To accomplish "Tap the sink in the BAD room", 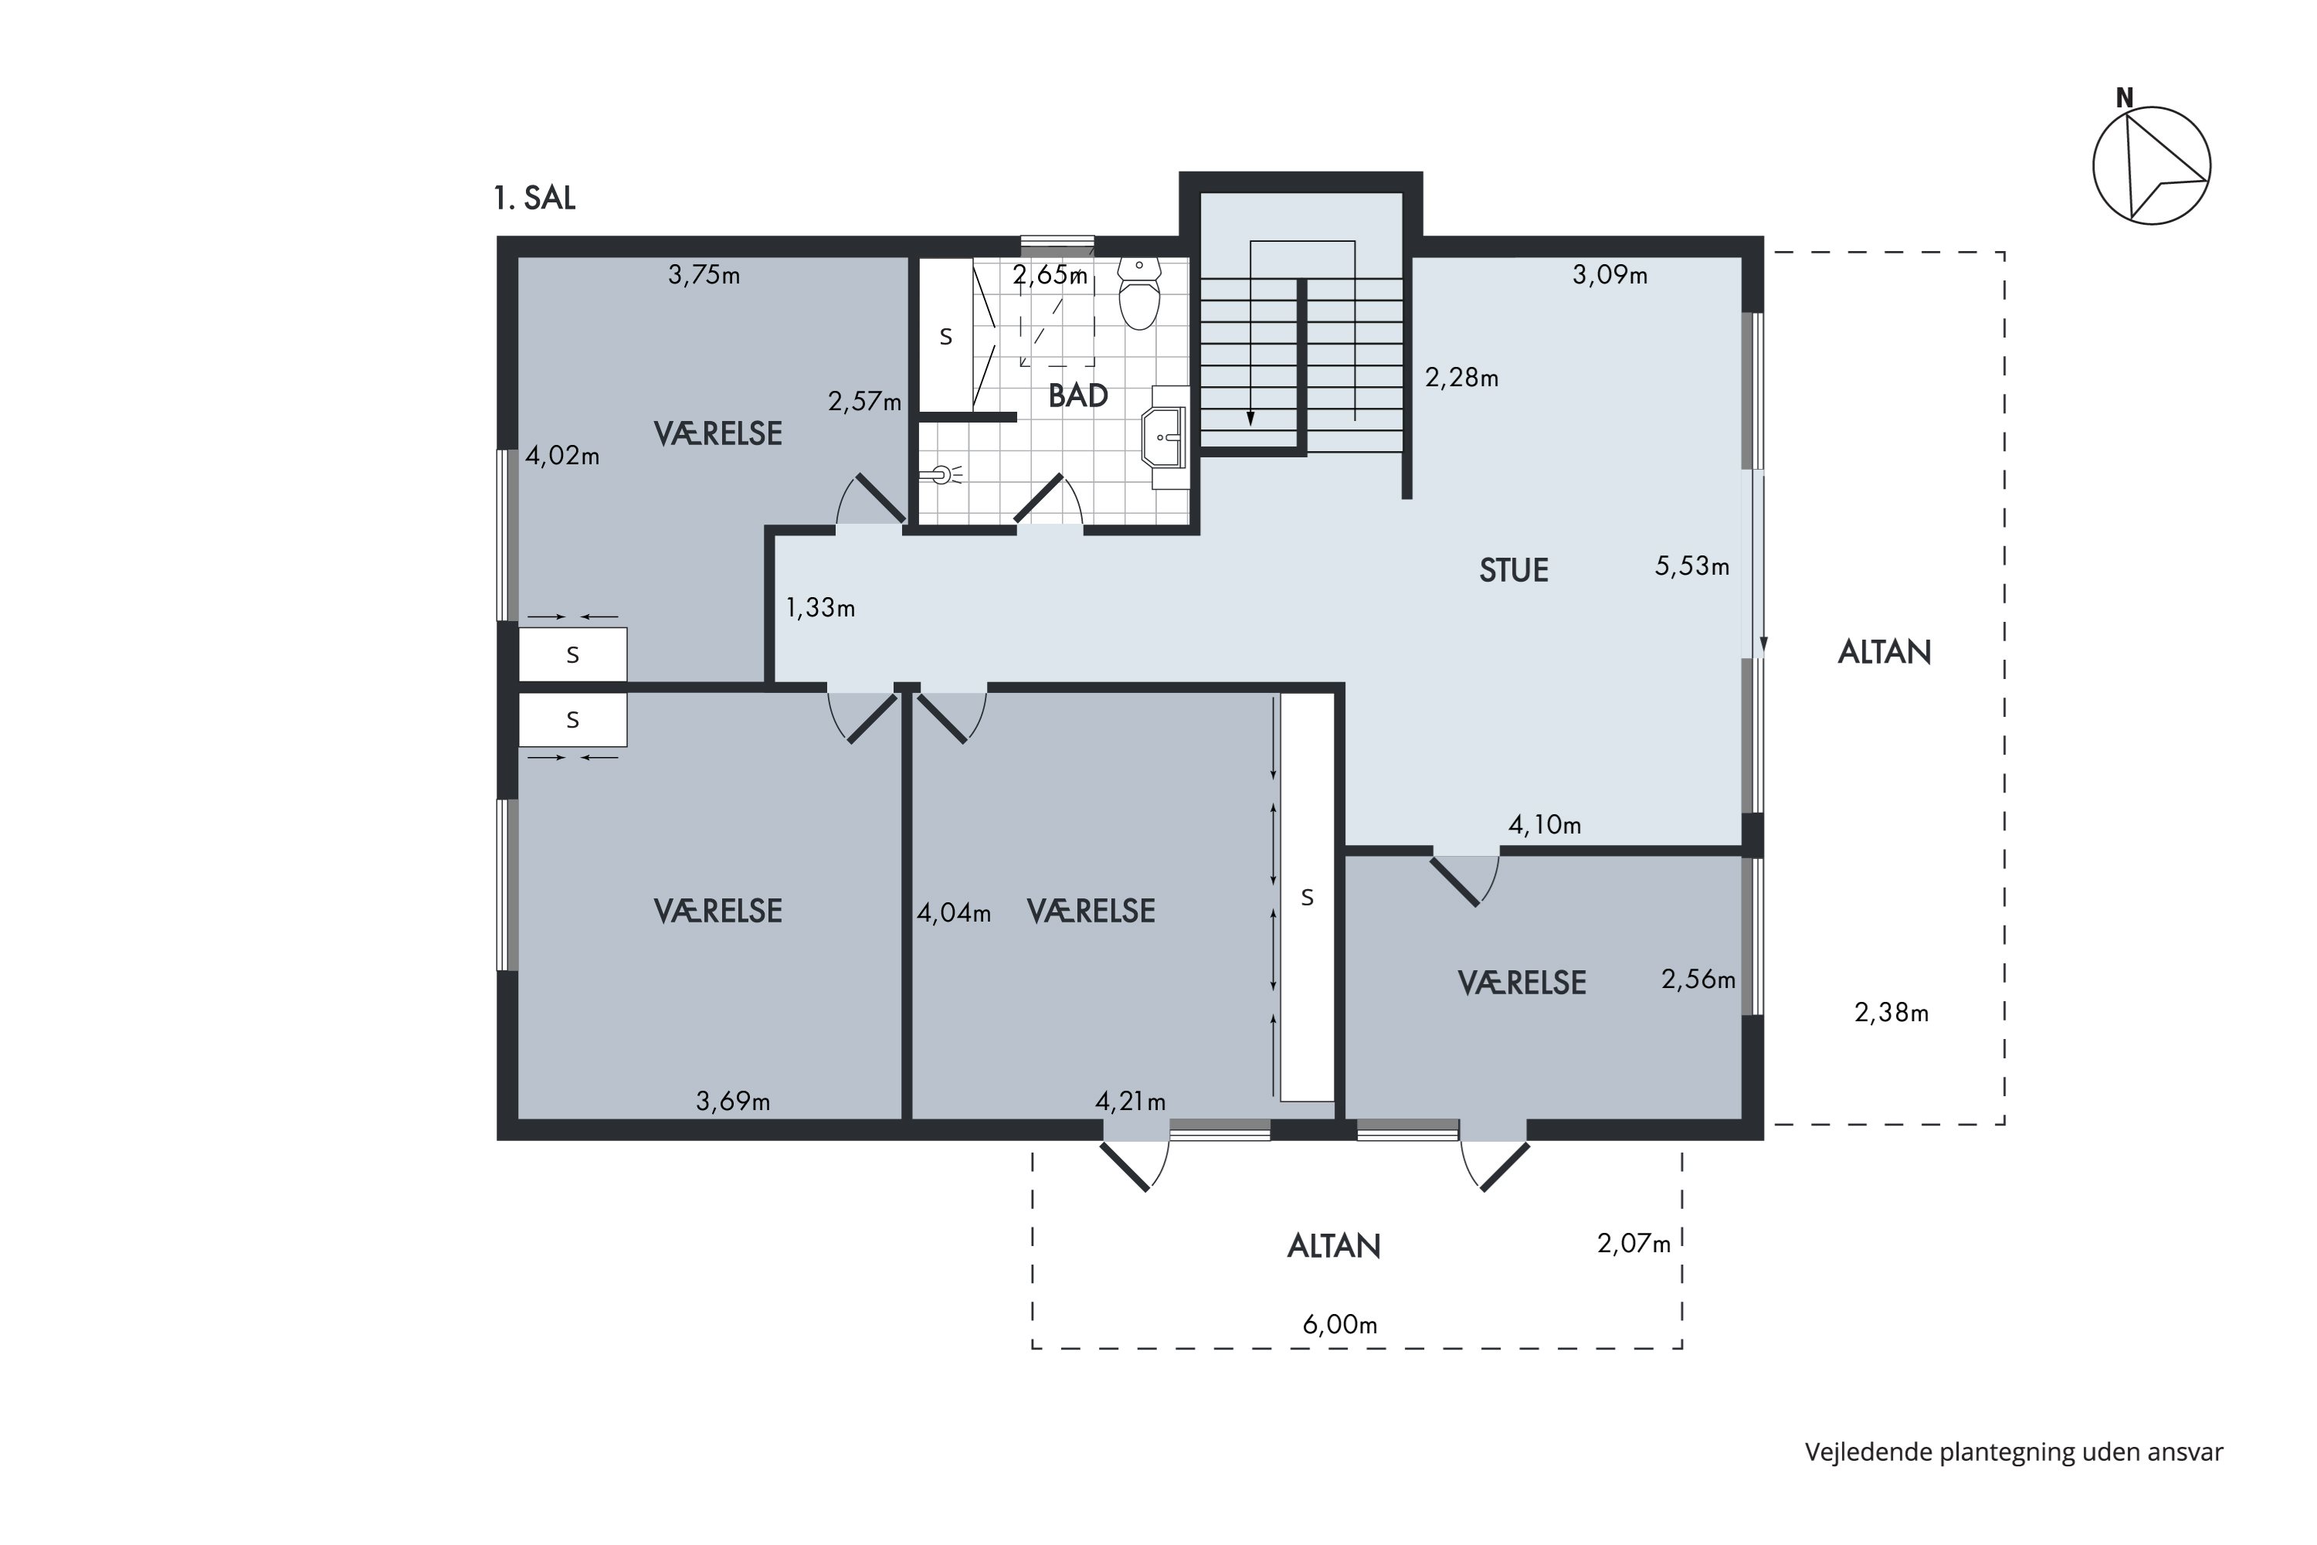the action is [1165, 436].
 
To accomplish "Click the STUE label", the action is [1513, 571].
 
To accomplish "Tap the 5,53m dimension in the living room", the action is [1692, 566].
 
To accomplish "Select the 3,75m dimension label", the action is [704, 275].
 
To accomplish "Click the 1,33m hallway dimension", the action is [819, 608].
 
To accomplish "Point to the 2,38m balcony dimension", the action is [1891, 1013].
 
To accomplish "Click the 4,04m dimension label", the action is [954, 913].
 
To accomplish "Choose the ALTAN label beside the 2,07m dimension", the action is [1334, 1247].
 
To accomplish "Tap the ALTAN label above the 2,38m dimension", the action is [1884, 652].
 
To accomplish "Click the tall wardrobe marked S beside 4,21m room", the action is [1308, 897].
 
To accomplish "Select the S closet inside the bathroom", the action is [945, 335].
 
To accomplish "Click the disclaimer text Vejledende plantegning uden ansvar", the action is [2013, 1452].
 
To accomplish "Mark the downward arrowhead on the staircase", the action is [1250, 419].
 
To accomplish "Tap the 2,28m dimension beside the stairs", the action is [1462, 378].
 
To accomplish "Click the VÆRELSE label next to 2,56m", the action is [1522, 983].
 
